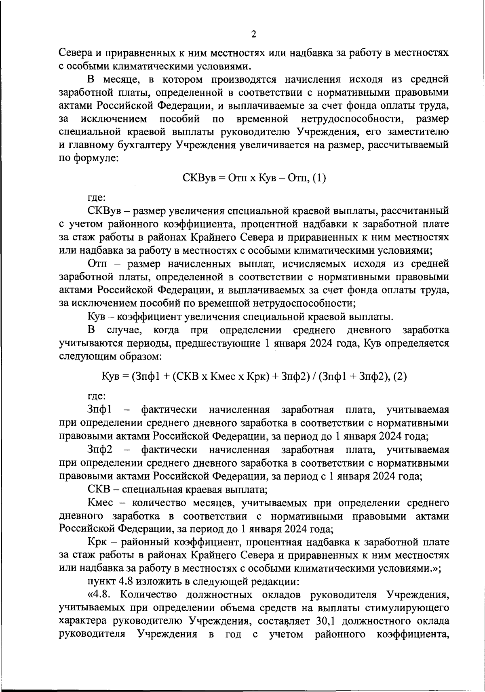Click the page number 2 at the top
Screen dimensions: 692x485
click(x=253, y=34)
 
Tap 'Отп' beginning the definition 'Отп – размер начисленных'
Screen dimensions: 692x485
click(x=97, y=264)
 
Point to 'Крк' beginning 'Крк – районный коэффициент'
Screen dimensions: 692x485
click(x=96, y=542)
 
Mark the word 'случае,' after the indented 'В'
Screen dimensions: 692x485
click(x=123, y=330)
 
